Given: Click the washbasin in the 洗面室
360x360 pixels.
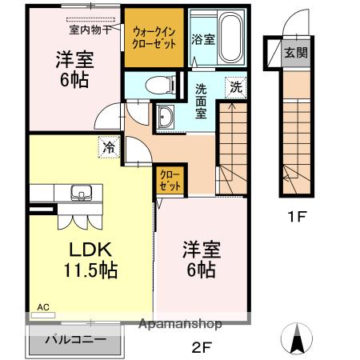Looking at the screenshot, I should tap(166, 116).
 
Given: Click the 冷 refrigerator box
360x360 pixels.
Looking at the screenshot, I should tap(108, 147).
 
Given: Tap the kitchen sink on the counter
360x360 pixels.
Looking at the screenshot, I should tap(81, 193).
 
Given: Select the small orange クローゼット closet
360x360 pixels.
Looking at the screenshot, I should tap(169, 178).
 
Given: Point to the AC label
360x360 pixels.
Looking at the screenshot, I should tap(42, 306).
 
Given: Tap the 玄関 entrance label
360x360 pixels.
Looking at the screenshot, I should tap(294, 54).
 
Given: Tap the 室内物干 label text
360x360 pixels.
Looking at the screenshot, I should tap(89, 30).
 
